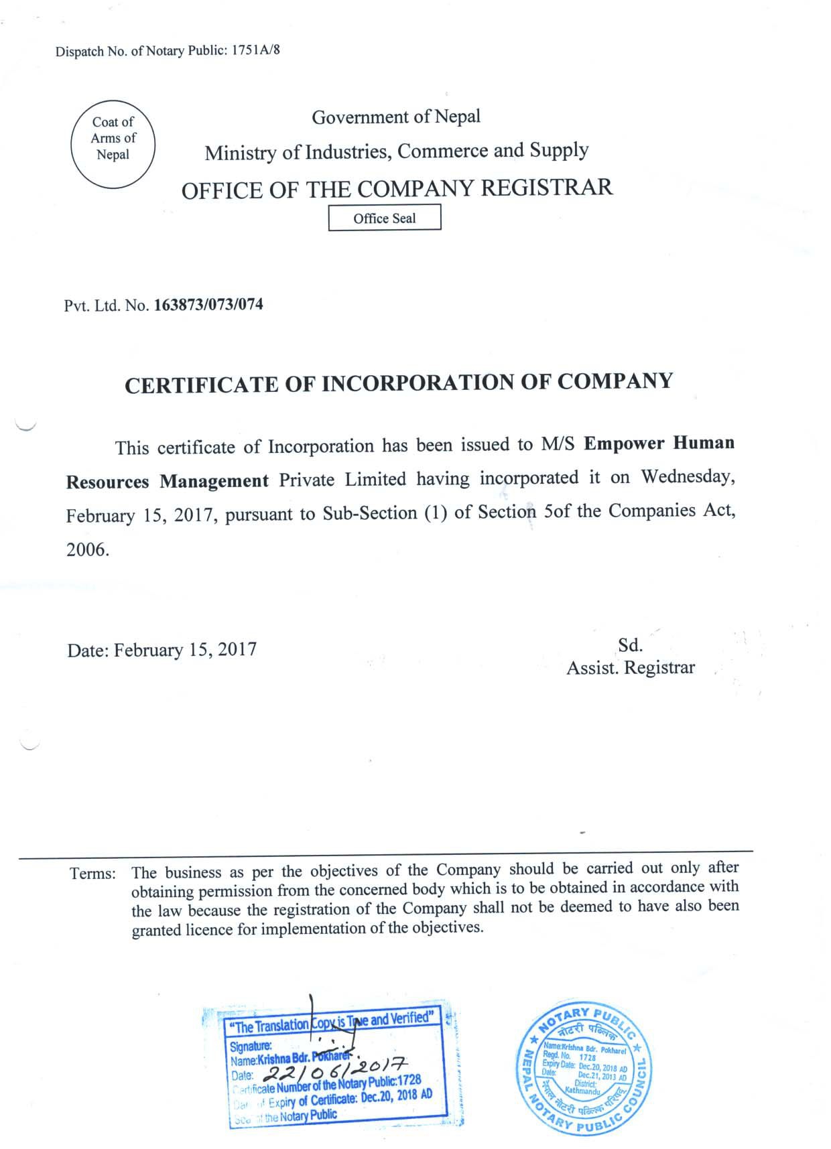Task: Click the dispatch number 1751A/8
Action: click(256, 51)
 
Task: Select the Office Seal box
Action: click(385, 218)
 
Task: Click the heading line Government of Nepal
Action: click(396, 117)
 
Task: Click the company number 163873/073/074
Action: click(208, 306)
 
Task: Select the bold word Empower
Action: click(623, 444)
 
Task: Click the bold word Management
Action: click(214, 481)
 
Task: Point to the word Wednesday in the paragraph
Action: click(688, 476)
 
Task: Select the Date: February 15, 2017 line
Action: click(162, 650)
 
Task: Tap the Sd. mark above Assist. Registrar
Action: click(630, 645)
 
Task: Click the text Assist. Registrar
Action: click(631, 668)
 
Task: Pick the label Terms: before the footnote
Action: click(92, 874)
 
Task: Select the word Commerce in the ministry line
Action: click(442, 151)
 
